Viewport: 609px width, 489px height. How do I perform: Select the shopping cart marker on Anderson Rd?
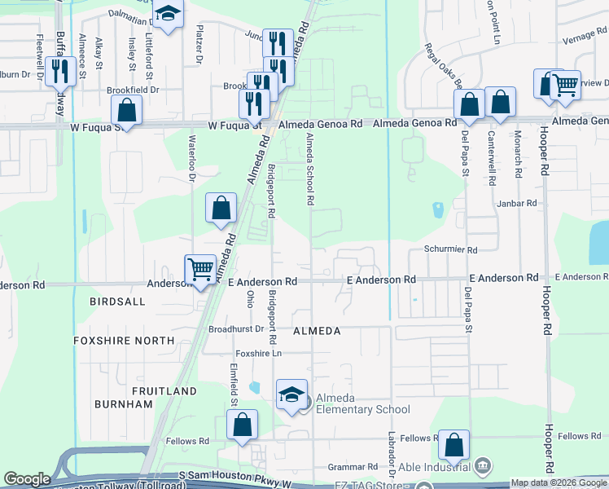click(x=200, y=268)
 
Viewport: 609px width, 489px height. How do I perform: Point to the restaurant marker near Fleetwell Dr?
click(x=59, y=72)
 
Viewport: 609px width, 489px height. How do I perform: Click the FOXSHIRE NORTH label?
click(x=124, y=340)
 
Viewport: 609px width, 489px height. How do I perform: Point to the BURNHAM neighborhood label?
click(x=124, y=404)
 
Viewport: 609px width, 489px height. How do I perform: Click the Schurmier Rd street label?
click(x=450, y=250)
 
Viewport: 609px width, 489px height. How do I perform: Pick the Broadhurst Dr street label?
click(x=236, y=329)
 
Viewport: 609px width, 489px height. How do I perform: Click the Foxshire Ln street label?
click(x=258, y=354)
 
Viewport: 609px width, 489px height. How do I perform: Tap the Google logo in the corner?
click(x=27, y=479)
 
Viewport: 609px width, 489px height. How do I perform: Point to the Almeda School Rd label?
click(x=309, y=170)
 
